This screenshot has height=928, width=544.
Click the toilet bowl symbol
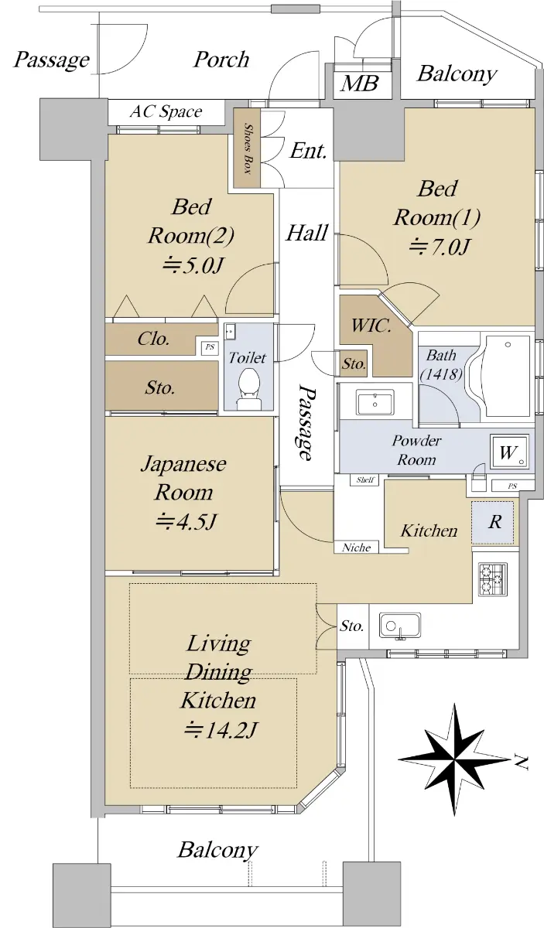248,387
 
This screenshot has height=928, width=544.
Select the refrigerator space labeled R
494,522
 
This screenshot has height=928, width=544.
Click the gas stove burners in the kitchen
493,579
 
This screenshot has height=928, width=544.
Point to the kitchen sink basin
400,626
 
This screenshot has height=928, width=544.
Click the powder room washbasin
375,402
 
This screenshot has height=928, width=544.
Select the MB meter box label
360,83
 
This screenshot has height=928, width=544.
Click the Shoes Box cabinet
247,148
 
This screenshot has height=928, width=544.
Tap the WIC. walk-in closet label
371,326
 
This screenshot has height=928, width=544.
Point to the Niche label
357,548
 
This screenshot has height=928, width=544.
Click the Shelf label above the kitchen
365,480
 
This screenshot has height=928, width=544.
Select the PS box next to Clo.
210,347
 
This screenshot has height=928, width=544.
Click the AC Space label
166,111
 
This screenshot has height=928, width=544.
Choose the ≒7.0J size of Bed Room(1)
439,247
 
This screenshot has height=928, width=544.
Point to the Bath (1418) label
441,365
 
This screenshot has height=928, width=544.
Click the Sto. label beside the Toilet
160,387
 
